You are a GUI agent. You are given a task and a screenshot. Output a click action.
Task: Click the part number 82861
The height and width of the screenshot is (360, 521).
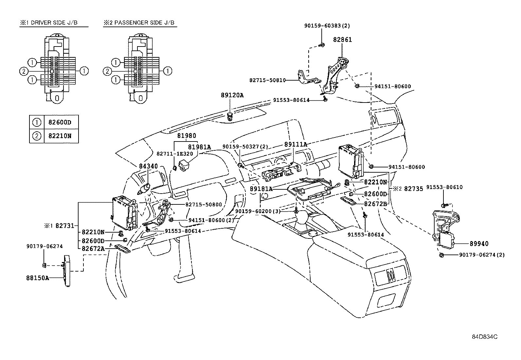coord(342,40)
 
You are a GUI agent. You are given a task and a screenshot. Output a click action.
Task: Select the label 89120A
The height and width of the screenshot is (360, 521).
coord(232,95)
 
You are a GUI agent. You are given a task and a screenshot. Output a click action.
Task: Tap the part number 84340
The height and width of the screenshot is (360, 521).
coord(148,166)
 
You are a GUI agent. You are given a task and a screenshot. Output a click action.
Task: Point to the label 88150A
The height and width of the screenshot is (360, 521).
coord(38,278)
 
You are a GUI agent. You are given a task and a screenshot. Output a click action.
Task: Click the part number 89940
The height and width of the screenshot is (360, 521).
coord(479,244)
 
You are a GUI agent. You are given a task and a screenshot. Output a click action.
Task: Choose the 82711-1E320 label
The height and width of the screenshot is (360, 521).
coord(175,154)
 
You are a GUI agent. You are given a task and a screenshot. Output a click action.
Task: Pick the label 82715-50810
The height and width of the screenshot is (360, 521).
coord(267,80)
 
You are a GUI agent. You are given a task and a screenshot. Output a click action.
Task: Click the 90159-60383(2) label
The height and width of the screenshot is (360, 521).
coord(327,26)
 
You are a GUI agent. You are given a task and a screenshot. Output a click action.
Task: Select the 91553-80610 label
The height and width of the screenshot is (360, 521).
coord(444,187)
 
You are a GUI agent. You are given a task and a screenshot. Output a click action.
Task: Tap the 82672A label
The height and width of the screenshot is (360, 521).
coord(93,249)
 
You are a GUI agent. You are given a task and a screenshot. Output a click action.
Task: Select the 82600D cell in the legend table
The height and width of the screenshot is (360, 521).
coord(60,122)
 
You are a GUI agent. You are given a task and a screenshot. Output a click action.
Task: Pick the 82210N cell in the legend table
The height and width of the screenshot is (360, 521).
coord(60,136)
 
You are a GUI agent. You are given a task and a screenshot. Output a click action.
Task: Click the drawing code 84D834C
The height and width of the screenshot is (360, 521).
coord(485,337)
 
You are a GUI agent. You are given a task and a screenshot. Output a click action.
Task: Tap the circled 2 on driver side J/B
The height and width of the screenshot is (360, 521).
coord(24,71)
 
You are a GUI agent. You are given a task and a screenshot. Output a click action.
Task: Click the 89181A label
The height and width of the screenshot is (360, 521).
coord(261,189)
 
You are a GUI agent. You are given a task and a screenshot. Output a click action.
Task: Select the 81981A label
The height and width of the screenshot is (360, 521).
coord(199,147)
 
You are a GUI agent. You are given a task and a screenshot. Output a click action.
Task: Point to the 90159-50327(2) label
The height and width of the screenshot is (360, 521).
coord(245,147)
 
